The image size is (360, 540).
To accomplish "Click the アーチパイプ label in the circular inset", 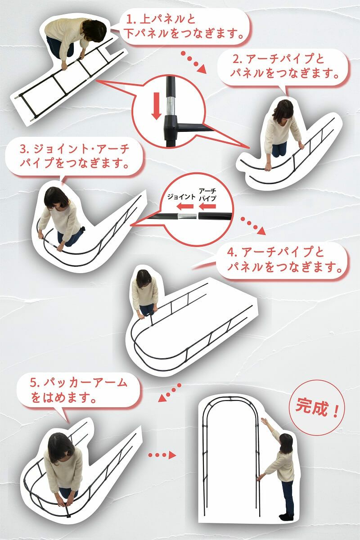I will pyautogui.click(x=207, y=194).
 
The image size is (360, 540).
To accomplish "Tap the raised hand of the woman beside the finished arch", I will pyautogui.click(x=265, y=422).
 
